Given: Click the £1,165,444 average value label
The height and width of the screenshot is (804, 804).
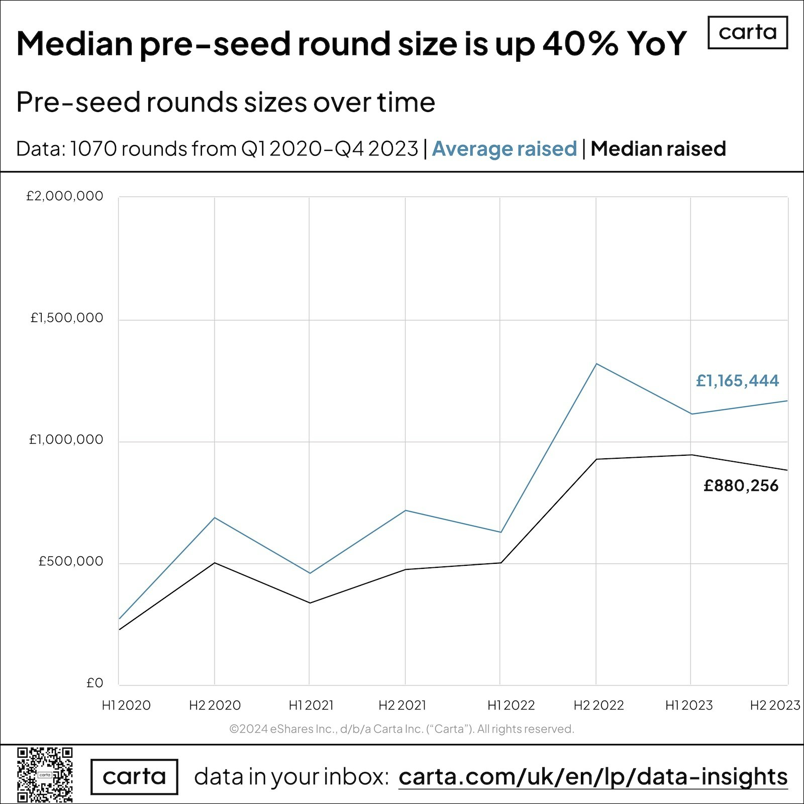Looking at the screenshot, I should coord(737,381).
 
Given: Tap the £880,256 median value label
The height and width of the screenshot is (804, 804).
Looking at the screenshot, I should coord(741,486).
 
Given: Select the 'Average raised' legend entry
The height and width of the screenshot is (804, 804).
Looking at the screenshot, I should coord(504,149).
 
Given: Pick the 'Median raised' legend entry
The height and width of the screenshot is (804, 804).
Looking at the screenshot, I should coord(658,149).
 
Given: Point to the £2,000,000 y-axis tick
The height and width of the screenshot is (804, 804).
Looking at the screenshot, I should coord(65,196).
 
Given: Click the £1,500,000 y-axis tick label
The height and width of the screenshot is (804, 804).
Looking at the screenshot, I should coord(67,318).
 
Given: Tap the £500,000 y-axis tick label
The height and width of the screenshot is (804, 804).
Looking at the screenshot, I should coord(71,561).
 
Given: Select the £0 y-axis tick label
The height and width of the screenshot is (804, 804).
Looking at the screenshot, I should coord(94,683).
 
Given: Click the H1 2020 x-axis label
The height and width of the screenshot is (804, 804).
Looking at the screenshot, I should coord(126,706).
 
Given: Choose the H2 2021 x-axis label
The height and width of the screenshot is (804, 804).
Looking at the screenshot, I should coord(402,706).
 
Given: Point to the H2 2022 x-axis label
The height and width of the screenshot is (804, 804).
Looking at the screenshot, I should coord(598,706).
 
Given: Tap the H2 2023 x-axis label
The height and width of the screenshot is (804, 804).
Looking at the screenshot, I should coord(775,706).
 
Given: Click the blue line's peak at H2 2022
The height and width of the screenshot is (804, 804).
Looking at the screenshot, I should coord(596,364).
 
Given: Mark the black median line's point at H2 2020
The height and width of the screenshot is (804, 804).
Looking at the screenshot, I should coord(215,563).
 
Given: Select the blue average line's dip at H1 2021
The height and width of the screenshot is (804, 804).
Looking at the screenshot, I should coord(310,573).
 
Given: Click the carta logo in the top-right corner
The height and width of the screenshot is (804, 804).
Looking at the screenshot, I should coord(747,33).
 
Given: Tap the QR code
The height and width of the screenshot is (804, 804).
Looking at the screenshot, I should coord(45,774).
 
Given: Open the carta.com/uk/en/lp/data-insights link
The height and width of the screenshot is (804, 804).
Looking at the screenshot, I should coord(593,777).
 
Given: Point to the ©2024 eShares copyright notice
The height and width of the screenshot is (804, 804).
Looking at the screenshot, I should coord(401,729).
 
